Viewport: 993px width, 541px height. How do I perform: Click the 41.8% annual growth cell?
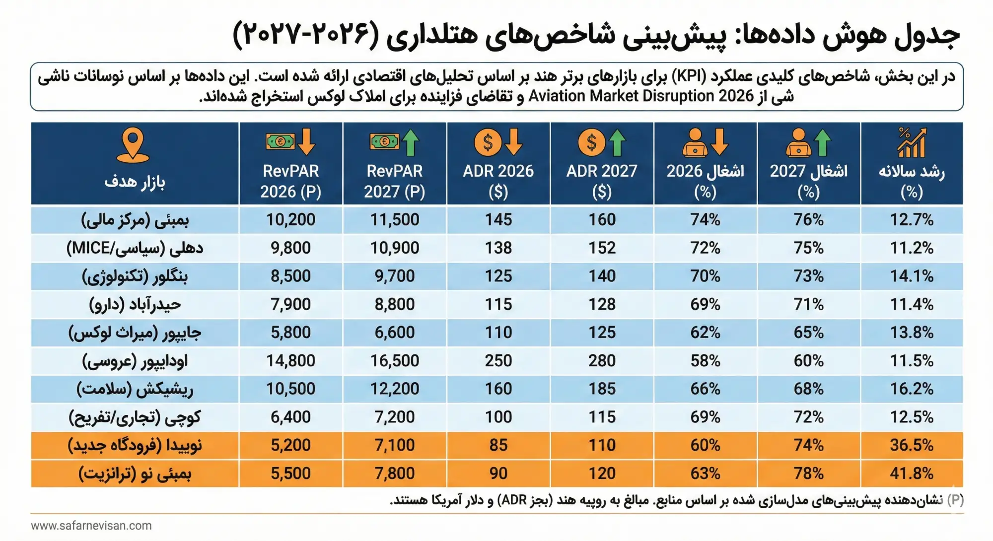pos(912,473)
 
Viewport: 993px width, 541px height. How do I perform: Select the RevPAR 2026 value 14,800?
pos(290,361)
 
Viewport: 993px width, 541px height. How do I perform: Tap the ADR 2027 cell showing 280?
pos(602,361)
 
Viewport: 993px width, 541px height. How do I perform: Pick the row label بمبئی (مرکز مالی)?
pos(135,220)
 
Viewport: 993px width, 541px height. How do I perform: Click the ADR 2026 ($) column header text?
pos(498,181)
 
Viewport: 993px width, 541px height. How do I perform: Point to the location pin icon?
pos(133,145)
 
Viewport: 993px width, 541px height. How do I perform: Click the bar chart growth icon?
pos(912,142)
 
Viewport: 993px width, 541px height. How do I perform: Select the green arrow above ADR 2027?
pos(617,142)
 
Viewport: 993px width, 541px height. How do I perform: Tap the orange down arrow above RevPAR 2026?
pos(306,142)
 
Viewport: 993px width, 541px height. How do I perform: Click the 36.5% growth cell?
pos(912,445)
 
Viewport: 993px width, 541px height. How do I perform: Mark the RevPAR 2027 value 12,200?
pos(395,389)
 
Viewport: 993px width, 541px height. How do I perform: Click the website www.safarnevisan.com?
pos(91,526)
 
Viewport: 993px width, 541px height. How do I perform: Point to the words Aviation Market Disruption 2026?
pos(641,96)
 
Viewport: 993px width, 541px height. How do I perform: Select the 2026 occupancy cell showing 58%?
pos(705,361)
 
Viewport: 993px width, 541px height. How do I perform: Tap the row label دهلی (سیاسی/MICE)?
pos(135,248)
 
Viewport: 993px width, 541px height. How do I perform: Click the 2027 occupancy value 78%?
pos(808,473)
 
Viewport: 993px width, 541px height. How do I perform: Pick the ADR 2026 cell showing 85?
pos(498,445)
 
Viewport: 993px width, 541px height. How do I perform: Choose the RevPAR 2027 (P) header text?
pos(395,181)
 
